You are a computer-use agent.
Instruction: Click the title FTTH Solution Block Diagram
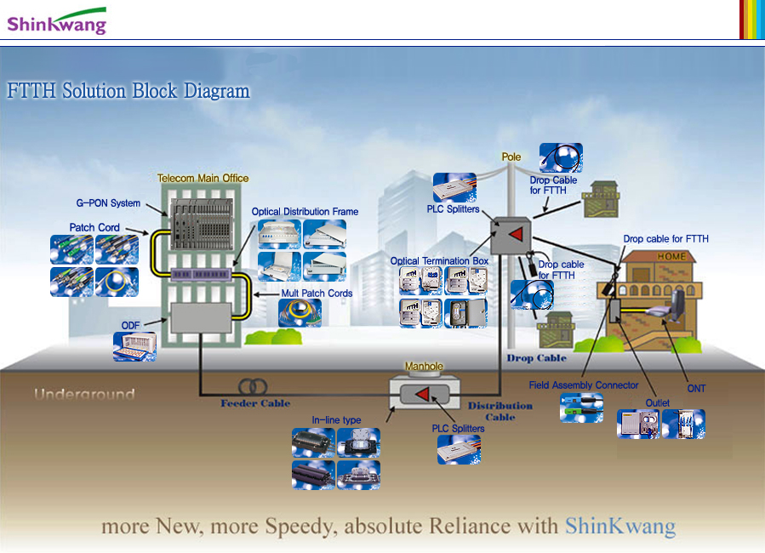coord(128,91)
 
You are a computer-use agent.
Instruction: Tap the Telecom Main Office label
coord(203,178)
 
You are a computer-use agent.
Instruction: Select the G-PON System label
coord(108,203)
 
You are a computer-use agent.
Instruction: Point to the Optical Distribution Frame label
coord(305,212)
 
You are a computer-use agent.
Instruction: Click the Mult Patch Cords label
coord(317,294)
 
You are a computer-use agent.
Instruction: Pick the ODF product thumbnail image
coord(134,346)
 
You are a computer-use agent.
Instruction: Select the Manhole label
coord(424,367)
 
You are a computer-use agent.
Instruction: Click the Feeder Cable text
coord(255,403)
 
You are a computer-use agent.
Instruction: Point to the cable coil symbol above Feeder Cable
coord(252,386)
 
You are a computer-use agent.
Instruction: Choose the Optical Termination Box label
coord(439,261)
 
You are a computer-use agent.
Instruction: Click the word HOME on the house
coord(671,257)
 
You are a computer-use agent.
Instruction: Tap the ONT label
coord(696,389)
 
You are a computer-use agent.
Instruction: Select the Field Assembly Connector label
coord(583,385)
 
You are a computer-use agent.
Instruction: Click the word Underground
coord(84,395)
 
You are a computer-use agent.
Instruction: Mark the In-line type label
coord(336,420)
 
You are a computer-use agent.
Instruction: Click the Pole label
coord(511,157)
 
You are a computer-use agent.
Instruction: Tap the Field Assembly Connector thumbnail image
coord(581,408)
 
